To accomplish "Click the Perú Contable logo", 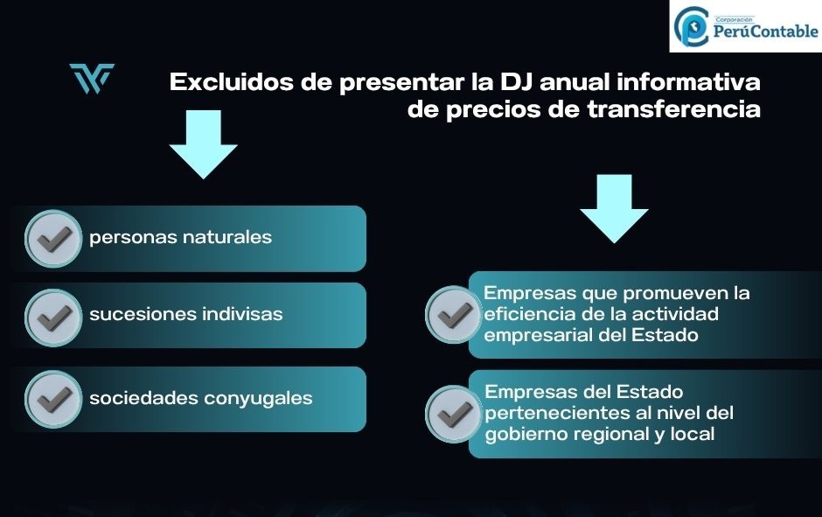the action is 745,26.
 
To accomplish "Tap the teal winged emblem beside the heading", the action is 92,78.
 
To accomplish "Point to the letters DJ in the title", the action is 516,82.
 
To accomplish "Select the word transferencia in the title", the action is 673,109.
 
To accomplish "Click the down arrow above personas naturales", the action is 204,144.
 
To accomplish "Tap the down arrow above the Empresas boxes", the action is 614,209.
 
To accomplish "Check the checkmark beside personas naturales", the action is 53,239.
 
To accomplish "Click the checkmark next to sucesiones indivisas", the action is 53,318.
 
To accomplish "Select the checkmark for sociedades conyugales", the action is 53,400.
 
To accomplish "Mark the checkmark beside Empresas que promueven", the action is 454,315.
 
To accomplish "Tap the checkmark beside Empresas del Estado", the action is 454,414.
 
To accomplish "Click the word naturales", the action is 227,237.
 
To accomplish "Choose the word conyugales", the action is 258,399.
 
